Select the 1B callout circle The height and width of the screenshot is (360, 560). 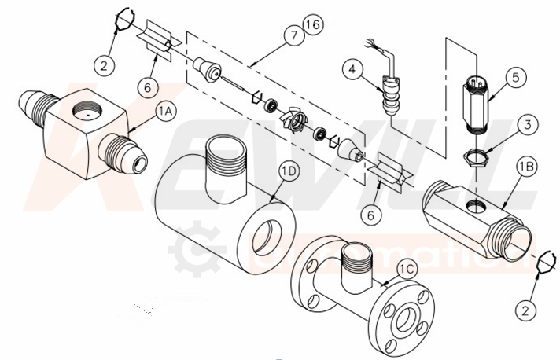point(526,167)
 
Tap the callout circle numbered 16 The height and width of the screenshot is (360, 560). point(312,26)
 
